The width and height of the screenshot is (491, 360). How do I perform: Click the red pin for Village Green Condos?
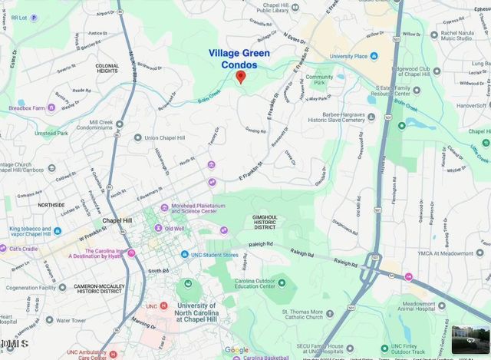[240, 76]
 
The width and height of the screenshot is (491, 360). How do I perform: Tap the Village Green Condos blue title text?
[242, 58]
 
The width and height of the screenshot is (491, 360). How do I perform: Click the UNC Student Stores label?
[215, 254]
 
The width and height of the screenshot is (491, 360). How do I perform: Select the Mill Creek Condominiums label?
[111, 125]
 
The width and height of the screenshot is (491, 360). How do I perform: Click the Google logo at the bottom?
[236, 350]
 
